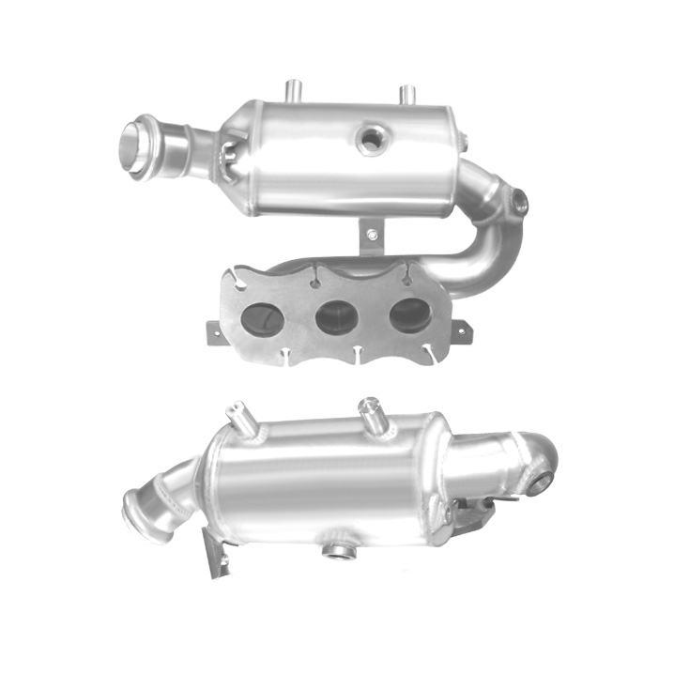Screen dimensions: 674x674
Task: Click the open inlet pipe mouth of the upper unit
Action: (134, 146)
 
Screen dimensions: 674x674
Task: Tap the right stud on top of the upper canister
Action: (407, 95)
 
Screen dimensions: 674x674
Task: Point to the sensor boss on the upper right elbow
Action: (519, 200)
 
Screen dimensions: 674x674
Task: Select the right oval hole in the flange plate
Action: (409, 315)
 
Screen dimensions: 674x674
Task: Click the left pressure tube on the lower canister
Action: (242, 417)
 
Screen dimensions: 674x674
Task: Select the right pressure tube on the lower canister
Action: (370, 412)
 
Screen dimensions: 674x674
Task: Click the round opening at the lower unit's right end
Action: (543, 481)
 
